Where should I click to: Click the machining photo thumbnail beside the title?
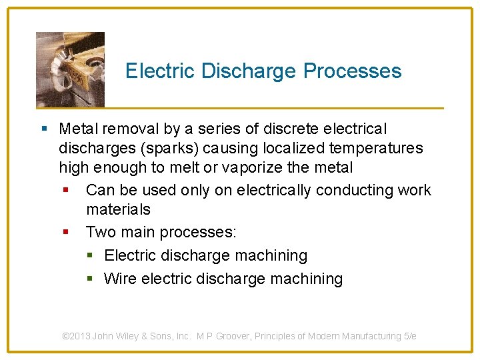coord(70,69)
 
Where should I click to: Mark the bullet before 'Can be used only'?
coord(66,191)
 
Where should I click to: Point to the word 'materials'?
coord(118,209)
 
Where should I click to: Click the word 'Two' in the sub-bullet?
coord(100,232)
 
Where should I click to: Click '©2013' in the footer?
coord(76,336)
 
